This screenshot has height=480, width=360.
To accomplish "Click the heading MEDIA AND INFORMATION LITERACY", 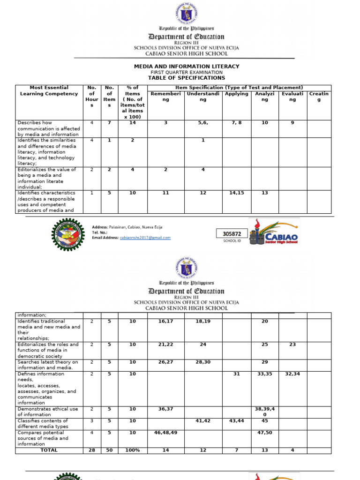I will (187, 67).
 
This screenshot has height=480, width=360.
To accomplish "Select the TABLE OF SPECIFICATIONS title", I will (187, 78).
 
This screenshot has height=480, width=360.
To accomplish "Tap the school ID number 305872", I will (232, 234).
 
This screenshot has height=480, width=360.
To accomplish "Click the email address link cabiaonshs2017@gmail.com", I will (145, 238).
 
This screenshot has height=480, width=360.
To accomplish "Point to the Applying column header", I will (237, 94).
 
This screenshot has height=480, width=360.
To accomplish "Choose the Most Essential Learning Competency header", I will (49, 90).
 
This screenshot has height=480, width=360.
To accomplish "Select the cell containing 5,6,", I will (203, 123).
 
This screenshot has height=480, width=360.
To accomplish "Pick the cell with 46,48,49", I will (165, 433).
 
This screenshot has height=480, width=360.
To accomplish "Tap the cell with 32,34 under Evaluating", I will (293, 374).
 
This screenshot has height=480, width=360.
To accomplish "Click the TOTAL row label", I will (49, 450).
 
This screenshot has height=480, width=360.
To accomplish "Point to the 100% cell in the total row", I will (132, 450).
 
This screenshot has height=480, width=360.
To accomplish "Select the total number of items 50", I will (109, 450).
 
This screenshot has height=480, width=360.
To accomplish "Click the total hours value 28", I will (92, 450).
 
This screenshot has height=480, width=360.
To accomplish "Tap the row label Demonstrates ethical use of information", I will (48, 412).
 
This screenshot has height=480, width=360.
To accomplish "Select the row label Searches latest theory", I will (48, 365).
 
